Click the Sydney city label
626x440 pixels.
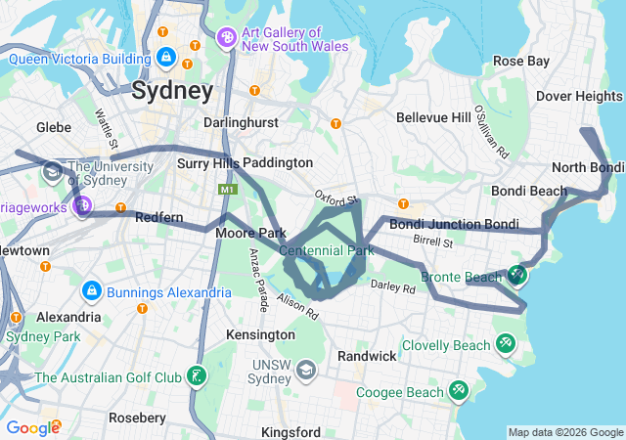click(x=172, y=92)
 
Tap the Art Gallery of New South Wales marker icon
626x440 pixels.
click(x=227, y=38)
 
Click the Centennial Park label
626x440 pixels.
click(x=327, y=251)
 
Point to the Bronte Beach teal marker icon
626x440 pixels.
click(x=516, y=277)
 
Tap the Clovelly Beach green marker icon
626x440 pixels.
click(x=506, y=345)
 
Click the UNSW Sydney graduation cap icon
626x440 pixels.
click(x=306, y=371)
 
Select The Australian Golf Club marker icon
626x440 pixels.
click(x=198, y=376)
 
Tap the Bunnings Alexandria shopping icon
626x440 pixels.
click(x=91, y=290)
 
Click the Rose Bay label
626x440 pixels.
click(x=520, y=61)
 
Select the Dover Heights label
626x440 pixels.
click(x=579, y=96)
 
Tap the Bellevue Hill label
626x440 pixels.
click(x=433, y=117)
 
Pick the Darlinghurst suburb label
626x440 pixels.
click(x=240, y=123)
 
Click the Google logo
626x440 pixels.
click(x=32, y=427)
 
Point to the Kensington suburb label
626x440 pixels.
click(x=260, y=334)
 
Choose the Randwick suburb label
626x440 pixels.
click(x=367, y=356)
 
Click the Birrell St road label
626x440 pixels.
click(x=433, y=240)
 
